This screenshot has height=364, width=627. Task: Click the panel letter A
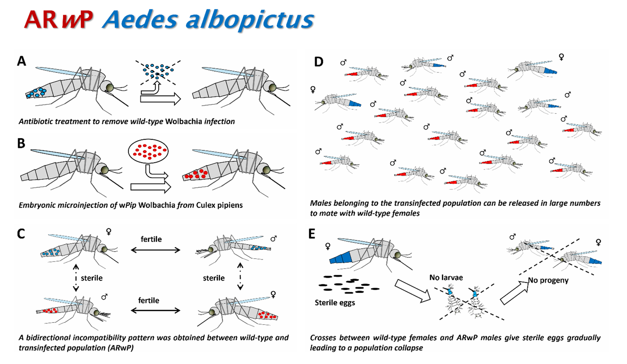(x=22, y=61)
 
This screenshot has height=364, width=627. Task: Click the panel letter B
(x=21, y=143)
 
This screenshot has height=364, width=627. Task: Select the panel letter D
(x=319, y=62)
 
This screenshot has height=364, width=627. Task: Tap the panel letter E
(x=312, y=234)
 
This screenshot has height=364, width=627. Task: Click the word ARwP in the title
(x=59, y=20)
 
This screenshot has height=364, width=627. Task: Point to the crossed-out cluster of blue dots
(x=158, y=71)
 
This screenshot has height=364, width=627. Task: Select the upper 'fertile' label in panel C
(x=151, y=239)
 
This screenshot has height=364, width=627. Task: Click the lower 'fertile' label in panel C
(x=149, y=300)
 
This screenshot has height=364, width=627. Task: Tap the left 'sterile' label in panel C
(x=92, y=278)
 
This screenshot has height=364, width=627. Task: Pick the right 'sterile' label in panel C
(x=214, y=278)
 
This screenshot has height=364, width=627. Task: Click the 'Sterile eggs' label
(x=335, y=303)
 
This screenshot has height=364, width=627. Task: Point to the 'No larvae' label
(x=446, y=278)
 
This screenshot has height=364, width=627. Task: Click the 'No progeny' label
(x=549, y=280)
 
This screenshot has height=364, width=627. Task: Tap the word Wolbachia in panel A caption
(x=184, y=121)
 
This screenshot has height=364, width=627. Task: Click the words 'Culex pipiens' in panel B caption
(x=219, y=205)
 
